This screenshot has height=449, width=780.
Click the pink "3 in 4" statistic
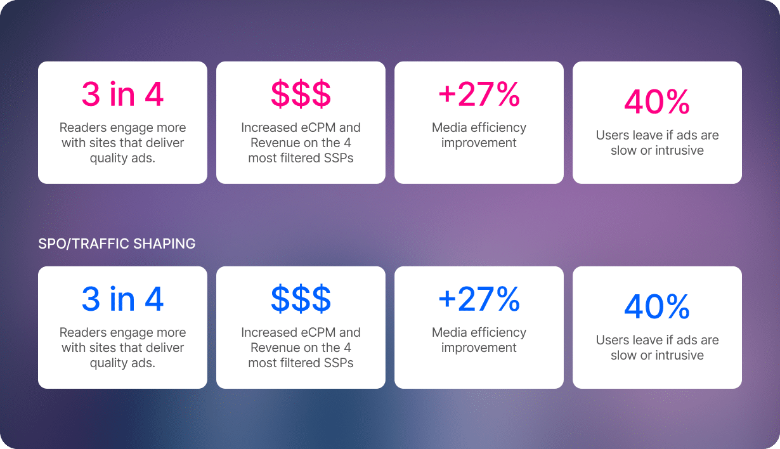point(122,94)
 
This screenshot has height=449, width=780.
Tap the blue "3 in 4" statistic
point(122,299)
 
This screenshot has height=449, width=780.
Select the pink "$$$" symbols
point(301,94)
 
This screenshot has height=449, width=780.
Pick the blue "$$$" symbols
point(301,299)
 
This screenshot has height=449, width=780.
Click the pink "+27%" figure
point(479,94)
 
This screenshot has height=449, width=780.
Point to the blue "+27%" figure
point(479,299)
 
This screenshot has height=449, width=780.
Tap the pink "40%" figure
point(657,101)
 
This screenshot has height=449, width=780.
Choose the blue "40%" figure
point(657,306)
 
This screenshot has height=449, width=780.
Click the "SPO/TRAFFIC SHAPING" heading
point(117,244)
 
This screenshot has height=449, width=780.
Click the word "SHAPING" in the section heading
point(164,244)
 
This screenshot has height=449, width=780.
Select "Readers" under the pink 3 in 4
point(83,127)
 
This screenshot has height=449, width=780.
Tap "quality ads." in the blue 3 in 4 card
point(122,363)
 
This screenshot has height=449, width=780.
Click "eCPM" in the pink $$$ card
point(318,127)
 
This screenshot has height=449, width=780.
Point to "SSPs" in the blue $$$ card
point(339,363)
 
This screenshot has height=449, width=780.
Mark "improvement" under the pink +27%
point(479,143)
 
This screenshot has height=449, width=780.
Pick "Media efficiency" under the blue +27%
point(479,333)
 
